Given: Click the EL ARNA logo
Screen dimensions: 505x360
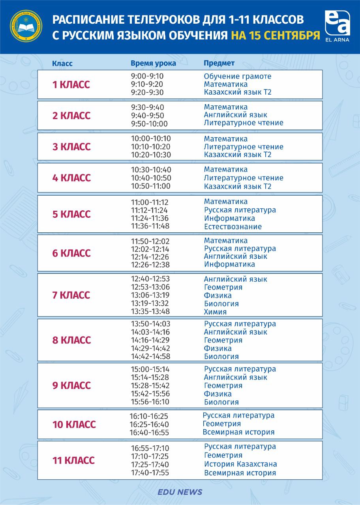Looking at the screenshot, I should point(337,26).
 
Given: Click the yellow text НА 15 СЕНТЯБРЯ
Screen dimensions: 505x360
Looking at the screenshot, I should point(275,36).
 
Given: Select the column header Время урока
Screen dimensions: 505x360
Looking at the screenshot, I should point(153,64).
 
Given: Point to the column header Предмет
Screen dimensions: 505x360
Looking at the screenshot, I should point(219,63).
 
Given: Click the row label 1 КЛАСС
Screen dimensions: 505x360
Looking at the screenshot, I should point(71,84).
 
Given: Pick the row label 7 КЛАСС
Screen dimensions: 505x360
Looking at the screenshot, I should point(71,295).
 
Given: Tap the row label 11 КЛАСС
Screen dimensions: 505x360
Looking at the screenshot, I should point(73,460).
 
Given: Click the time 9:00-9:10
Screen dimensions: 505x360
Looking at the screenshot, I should point(147,76).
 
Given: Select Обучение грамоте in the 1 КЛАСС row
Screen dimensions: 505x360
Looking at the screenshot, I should point(238,76).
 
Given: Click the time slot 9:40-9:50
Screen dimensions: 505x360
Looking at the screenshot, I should point(147,116).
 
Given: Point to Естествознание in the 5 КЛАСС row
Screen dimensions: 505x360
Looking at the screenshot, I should point(233,226).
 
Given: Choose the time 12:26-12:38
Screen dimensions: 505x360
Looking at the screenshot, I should point(151,264).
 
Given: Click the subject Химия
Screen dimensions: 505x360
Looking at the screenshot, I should point(215,312).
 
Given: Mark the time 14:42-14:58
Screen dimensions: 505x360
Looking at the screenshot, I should point(151,356).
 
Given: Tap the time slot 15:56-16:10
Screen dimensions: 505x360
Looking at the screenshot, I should point(150,402).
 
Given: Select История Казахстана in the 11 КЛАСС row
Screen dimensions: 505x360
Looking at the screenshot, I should point(240,464).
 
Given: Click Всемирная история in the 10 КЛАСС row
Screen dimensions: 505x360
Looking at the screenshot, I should point(238,432).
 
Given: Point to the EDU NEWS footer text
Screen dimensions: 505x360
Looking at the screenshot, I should point(180,492).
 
